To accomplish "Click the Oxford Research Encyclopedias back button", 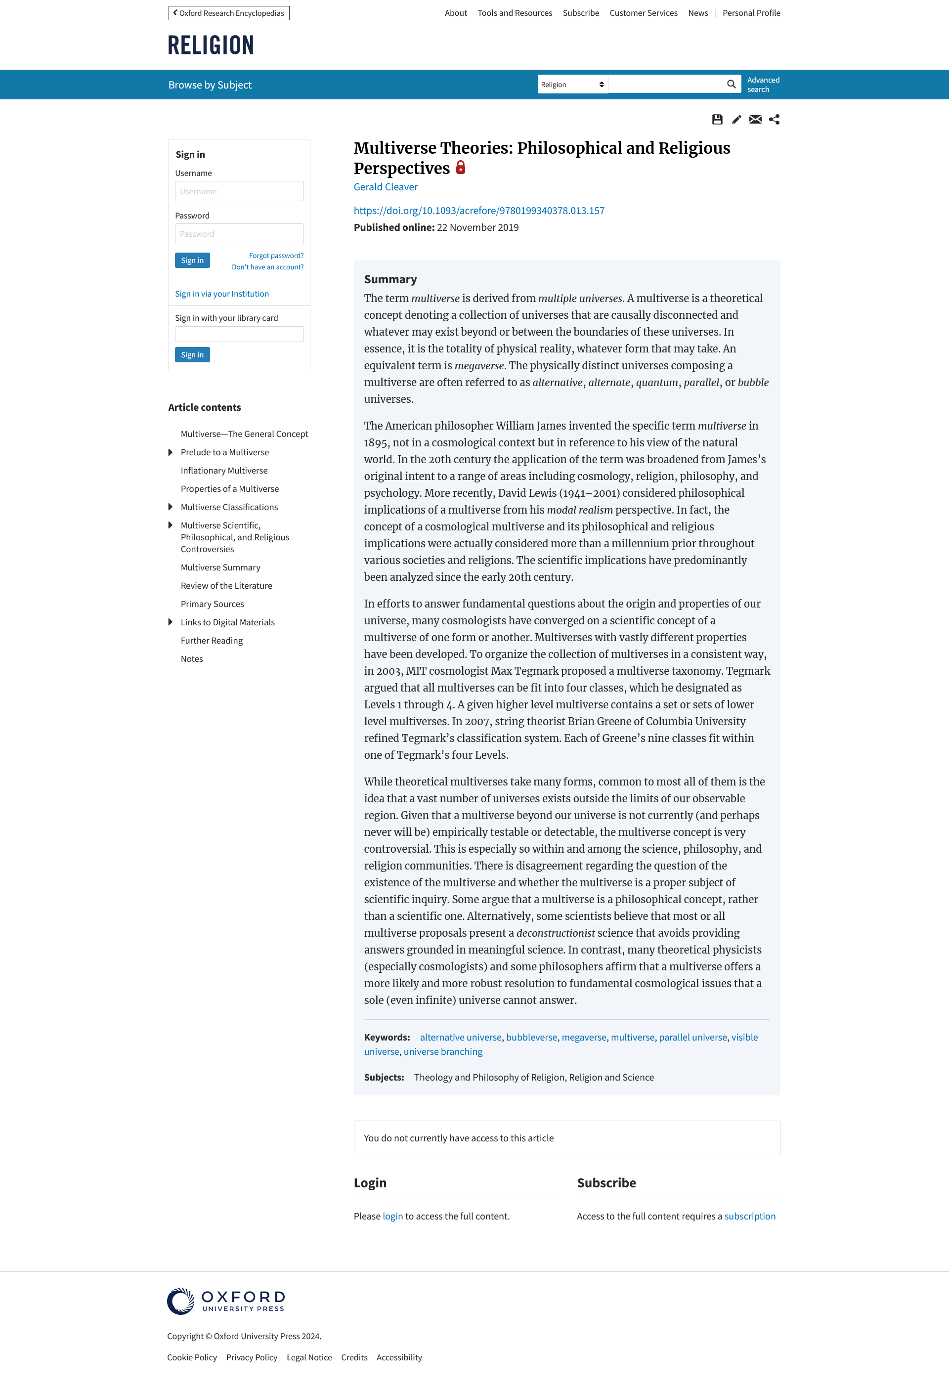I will (x=229, y=13).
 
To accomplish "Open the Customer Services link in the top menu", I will (x=644, y=13).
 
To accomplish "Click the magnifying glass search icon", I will (x=731, y=85).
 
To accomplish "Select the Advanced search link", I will (x=763, y=85).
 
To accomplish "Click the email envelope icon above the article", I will (x=755, y=120).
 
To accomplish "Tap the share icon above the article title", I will (x=775, y=120).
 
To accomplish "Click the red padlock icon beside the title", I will (x=461, y=168).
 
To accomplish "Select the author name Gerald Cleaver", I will (x=386, y=187).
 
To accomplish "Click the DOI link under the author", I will (x=479, y=211).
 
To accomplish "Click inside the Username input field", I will (x=239, y=191).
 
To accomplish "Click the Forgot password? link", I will (x=276, y=256).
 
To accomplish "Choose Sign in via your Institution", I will (x=222, y=294).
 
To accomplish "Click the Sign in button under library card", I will (x=192, y=355).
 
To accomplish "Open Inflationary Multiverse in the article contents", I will (x=224, y=471).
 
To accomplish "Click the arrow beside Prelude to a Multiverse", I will (x=171, y=452).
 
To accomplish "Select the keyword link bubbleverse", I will (x=532, y=1037).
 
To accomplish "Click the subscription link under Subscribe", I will (x=750, y=1216).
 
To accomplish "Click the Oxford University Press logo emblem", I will (x=180, y=1301).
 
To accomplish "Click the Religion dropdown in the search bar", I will (x=572, y=85).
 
